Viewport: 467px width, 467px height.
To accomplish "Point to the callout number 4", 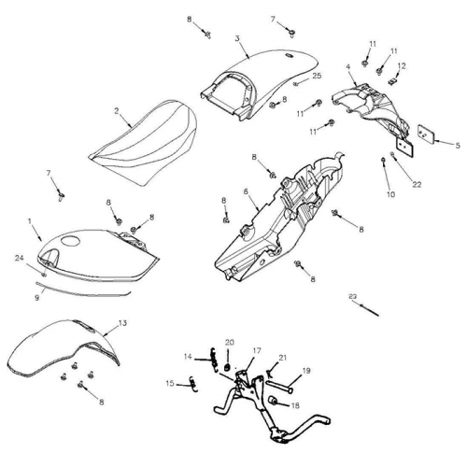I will [x=348, y=67].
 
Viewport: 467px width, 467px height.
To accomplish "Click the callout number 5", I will [x=458, y=145].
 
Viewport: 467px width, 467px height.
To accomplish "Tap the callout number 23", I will [x=352, y=296].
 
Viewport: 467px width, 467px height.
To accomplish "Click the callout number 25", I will [x=317, y=75].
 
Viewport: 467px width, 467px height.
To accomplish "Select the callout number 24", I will [x=18, y=257].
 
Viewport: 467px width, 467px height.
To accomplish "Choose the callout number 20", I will [x=231, y=342].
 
